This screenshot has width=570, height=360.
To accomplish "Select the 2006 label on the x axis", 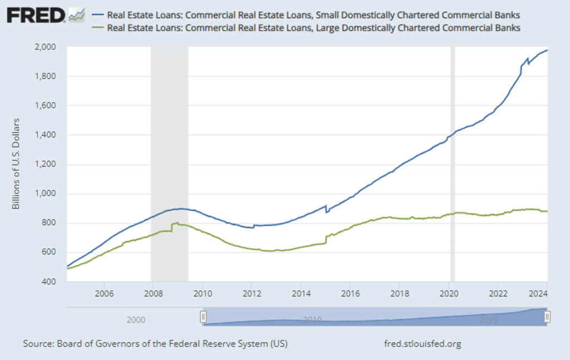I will click(x=104, y=293).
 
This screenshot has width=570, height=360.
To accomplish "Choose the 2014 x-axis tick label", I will click(x=301, y=293).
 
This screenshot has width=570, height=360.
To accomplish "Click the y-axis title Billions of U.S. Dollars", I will click(x=17, y=164).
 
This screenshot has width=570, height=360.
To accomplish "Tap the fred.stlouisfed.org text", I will click(x=422, y=343).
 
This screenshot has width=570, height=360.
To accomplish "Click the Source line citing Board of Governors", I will click(x=155, y=343).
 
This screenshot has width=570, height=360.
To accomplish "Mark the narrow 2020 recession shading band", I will click(x=453, y=164).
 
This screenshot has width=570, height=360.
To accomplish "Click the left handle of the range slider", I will click(x=203, y=317).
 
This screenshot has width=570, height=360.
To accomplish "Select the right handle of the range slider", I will click(x=548, y=317).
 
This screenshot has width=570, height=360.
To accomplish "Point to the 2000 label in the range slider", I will click(x=136, y=320).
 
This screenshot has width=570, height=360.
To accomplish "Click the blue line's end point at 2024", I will click(x=547, y=50).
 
